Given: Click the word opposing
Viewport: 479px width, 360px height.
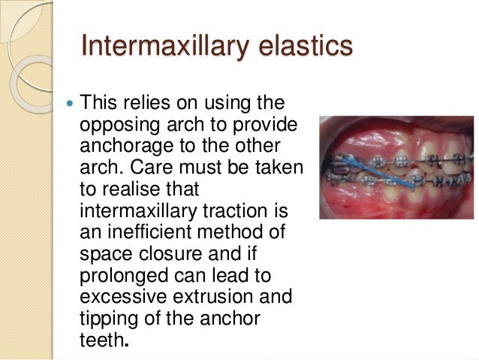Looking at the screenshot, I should pos(116,123).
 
